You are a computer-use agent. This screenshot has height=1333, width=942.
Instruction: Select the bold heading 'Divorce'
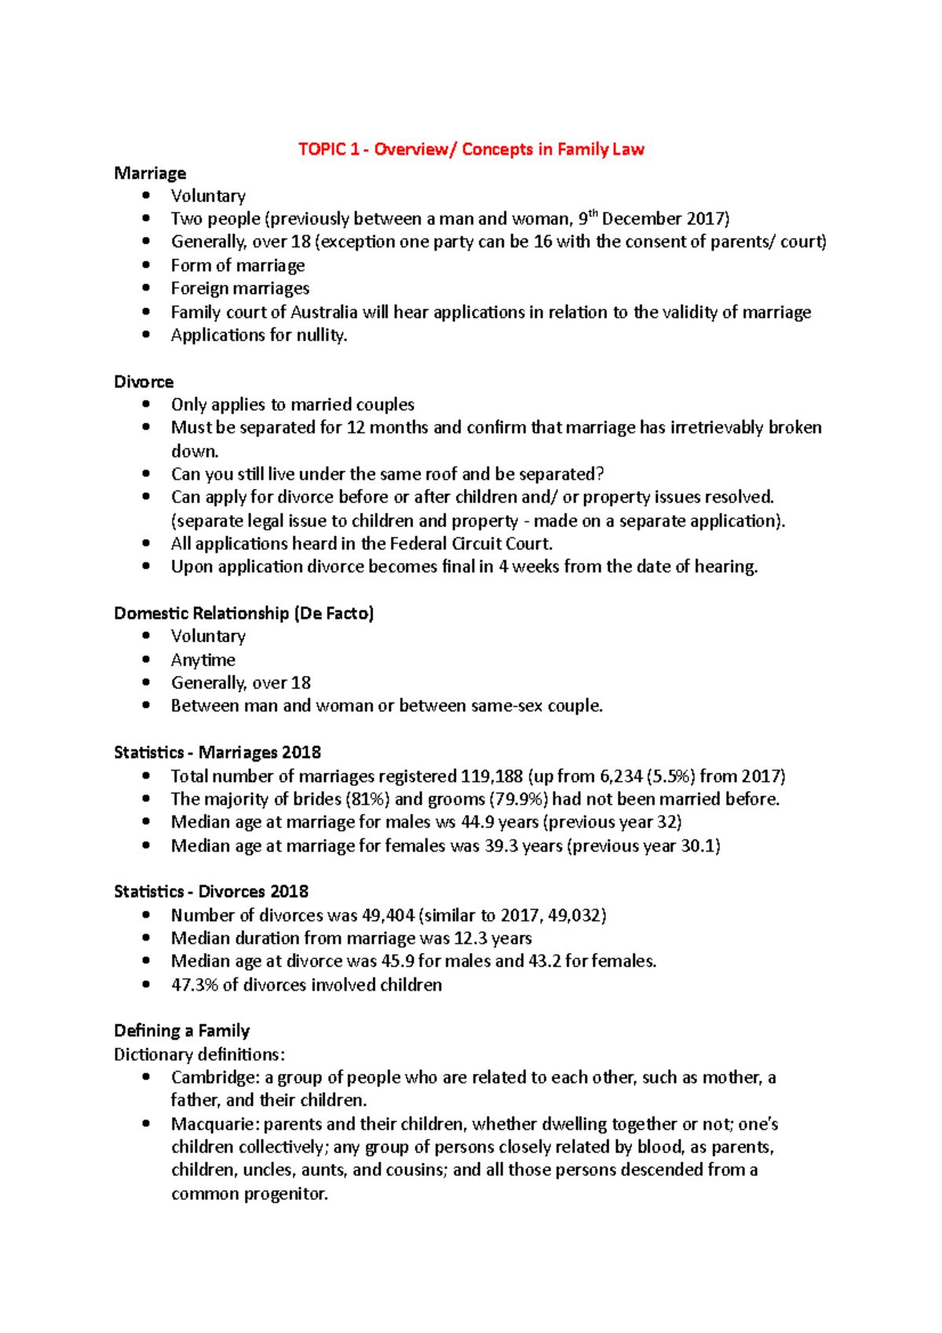pyautogui.click(x=144, y=382)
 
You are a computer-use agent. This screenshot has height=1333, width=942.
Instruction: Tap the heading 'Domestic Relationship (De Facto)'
pyautogui.click(x=243, y=613)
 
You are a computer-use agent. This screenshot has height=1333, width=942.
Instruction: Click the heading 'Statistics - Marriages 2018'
pyautogui.click(x=217, y=752)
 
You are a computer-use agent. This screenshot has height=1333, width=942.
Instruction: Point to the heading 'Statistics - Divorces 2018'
pyautogui.click(x=211, y=891)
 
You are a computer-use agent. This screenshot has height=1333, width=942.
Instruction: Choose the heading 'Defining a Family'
pyautogui.click(x=181, y=1031)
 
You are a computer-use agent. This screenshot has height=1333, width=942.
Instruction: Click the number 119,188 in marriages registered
pyautogui.click(x=491, y=776)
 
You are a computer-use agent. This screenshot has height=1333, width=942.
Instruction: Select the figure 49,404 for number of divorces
pyautogui.click(x=387, y=915)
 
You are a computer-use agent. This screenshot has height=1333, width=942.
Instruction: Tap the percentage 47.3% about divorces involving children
pyautogui.click(x=194, y=984)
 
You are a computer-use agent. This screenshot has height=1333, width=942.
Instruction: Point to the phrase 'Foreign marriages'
pyautogui.click(x=240, y=288)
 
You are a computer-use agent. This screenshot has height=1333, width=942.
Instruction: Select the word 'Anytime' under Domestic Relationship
pyautogui.click(x=203, y=659)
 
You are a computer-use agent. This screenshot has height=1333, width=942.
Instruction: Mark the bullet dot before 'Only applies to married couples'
pyautogui.click(x=146, y=404)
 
